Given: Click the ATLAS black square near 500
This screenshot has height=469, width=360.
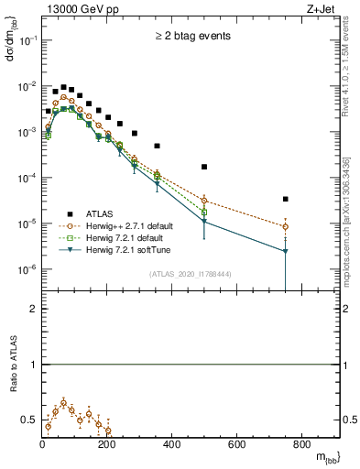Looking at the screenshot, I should pos(204,167).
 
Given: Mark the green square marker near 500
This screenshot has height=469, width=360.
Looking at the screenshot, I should pos(204,213).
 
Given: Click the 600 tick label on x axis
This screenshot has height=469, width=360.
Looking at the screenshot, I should pos(237,445).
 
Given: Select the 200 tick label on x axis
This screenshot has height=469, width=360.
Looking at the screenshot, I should pos(107,445).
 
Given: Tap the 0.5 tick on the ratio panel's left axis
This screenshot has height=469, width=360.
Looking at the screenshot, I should pos(29,420).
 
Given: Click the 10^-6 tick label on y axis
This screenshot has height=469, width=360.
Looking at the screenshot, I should pos(25,269).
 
